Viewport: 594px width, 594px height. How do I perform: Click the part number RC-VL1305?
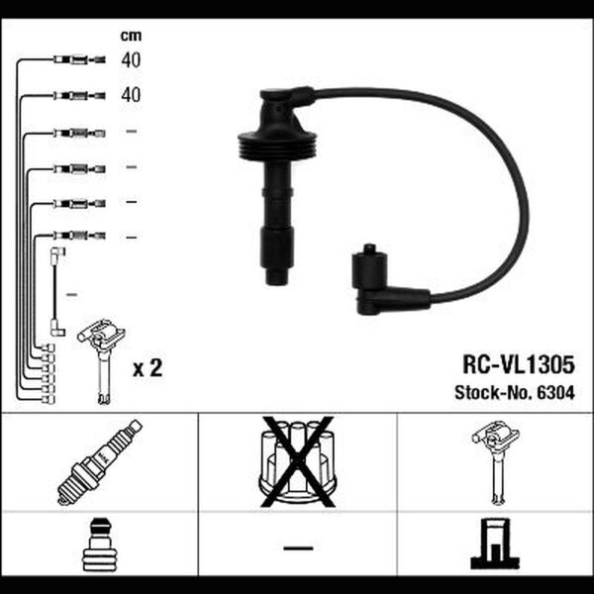tap(518, 364)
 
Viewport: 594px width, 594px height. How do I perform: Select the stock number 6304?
tap(556, 392)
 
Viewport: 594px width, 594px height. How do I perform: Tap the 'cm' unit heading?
tap(131, 36)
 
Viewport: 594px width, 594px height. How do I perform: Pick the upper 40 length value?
tap(131, 59)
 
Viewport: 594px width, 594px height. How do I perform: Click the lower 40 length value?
tap(131, 94)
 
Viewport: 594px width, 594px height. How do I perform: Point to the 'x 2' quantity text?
tap(148, 367)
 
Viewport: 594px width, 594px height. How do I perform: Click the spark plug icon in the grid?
tap(100, 462)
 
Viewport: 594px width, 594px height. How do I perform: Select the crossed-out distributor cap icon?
tap(297, 461)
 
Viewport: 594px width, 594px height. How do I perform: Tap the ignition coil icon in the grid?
tap(496, 461)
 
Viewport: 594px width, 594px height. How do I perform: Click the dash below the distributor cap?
tap(298, 547)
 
